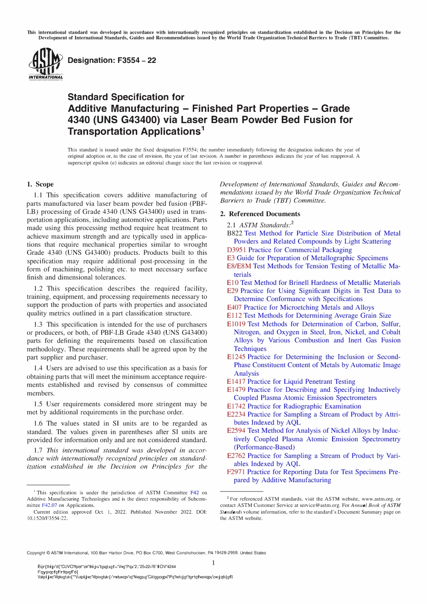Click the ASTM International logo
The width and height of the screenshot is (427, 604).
45,64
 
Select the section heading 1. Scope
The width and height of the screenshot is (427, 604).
40,184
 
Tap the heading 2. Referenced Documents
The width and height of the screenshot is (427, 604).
260,214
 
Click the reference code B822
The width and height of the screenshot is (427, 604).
234,233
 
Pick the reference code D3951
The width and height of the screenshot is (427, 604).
236,250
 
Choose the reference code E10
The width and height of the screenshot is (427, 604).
232,283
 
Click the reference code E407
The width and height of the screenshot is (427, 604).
234,307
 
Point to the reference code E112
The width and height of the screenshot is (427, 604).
234,315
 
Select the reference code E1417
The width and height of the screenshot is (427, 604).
236,382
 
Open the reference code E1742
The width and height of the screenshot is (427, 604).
236,406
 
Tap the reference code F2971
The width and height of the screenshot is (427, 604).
236,472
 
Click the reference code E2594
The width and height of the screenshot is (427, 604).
236,431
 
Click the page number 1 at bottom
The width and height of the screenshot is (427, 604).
213,563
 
